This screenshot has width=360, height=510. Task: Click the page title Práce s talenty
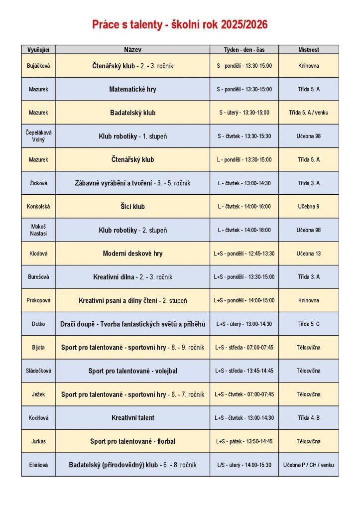[x=180, y=25]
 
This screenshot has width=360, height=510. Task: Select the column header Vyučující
[x=38, y=50]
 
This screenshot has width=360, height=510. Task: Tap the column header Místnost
[x=309, y=50]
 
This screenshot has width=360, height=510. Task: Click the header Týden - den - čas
[x=244, y=50]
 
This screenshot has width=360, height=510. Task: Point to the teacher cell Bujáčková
[x=38, y=66]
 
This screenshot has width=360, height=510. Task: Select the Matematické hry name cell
[x=132, y=90]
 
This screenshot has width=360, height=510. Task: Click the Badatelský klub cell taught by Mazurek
[x=132, y=113]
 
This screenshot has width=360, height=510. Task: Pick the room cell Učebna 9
[x=309, y=207]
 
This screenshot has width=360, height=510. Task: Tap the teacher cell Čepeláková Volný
[x=38, y=136]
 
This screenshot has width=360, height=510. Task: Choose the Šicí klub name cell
[x=132, y=207]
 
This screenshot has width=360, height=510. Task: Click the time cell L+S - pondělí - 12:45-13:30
[x=244, y=254]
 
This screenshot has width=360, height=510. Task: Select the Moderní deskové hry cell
[x=132, y=254]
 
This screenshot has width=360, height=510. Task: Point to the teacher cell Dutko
[x=38, y=324]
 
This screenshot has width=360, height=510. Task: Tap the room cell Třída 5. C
[x=309, y=324]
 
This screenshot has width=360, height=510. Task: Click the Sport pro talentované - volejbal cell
[x=132, y=371]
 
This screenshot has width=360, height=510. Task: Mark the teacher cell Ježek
[x=38, y=394]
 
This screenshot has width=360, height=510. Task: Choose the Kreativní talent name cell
[x=132, y=418]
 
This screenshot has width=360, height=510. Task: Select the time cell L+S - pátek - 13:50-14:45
[x=244, y=441]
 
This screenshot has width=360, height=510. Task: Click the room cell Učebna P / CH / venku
[x=309, y=465]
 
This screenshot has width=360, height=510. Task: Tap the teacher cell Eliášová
[x=38, y=465]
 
